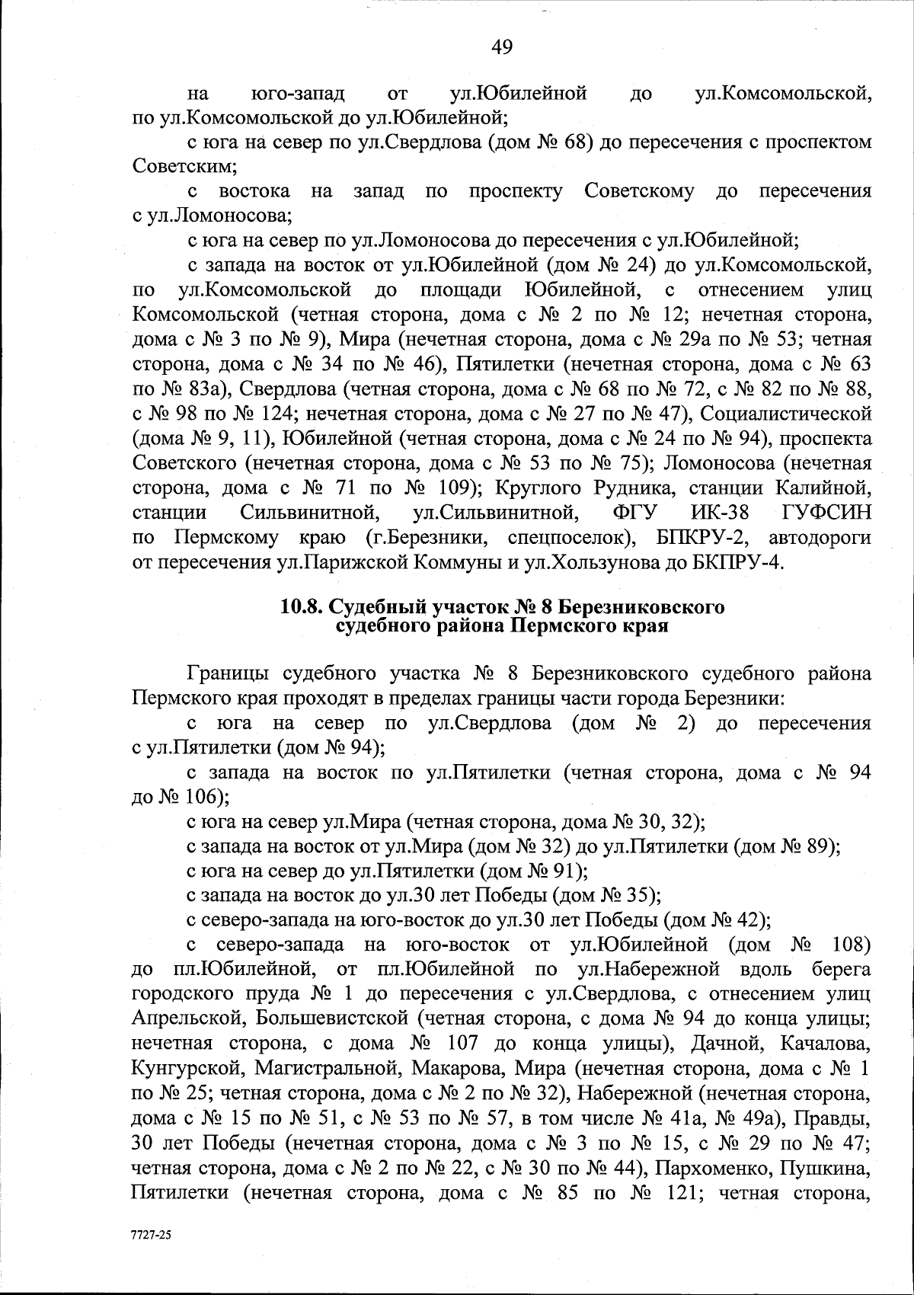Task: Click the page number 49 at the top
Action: pyautogui.click(x=502, y=47)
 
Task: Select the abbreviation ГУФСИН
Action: pyautogui.click(x=826, y=513)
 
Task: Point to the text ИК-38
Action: pyautogui.click(x=719, y=513)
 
